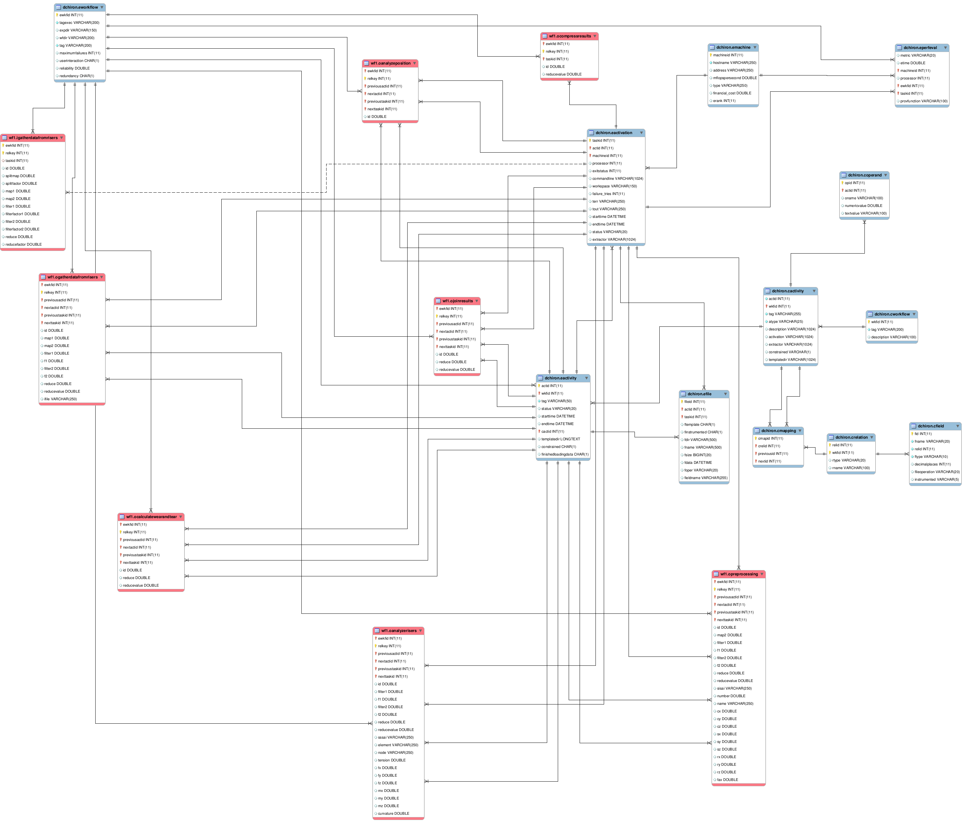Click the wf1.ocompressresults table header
(x=569, y=36)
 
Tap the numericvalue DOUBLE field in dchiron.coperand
(x=863, y=206)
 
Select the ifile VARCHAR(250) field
(x=60, y=399)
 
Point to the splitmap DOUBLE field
(x=20, y=176)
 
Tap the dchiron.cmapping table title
(x=778, y=431)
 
